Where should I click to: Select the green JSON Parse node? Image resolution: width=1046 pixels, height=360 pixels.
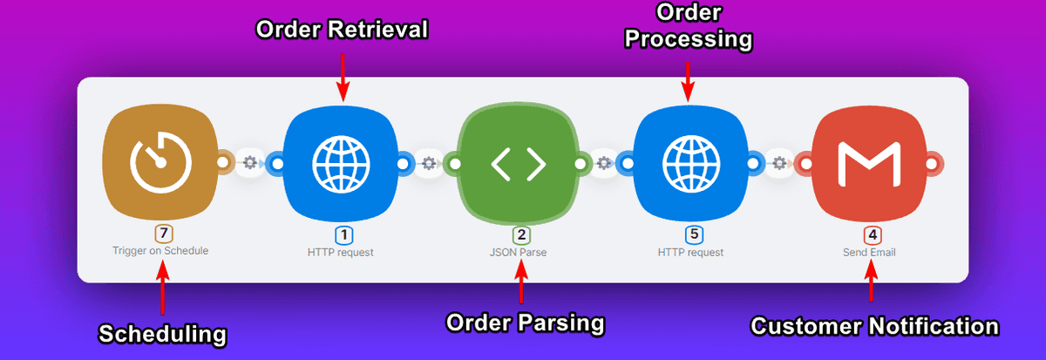(517, 162)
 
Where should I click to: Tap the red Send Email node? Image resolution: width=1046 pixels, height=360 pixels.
(868, 162)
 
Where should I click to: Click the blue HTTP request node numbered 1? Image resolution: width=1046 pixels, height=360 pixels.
(341, 162)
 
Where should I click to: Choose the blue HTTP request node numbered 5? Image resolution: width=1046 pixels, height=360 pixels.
(690, 162)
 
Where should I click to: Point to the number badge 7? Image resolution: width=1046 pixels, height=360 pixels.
(160, 234)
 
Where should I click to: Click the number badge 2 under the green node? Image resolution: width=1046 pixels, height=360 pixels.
(520, 234)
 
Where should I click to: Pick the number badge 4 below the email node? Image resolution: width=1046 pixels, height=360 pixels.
(871, 234)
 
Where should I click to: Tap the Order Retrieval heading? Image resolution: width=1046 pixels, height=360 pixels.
(342, 30)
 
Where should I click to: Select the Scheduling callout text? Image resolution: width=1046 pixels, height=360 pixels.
(162, 333)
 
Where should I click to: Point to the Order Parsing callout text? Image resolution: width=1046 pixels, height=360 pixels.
(525, 323)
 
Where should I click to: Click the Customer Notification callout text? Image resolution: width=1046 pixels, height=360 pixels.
(874, 327)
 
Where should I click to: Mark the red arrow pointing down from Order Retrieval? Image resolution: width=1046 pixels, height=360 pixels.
(342, 74)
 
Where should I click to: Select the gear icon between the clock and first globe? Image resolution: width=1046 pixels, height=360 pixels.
(251, 162)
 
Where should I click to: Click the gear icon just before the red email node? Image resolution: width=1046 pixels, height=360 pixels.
(778, 162)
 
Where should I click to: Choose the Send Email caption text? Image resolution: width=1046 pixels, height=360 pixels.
(869, 252)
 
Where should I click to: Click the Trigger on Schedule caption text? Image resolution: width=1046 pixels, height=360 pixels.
(160, 250)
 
